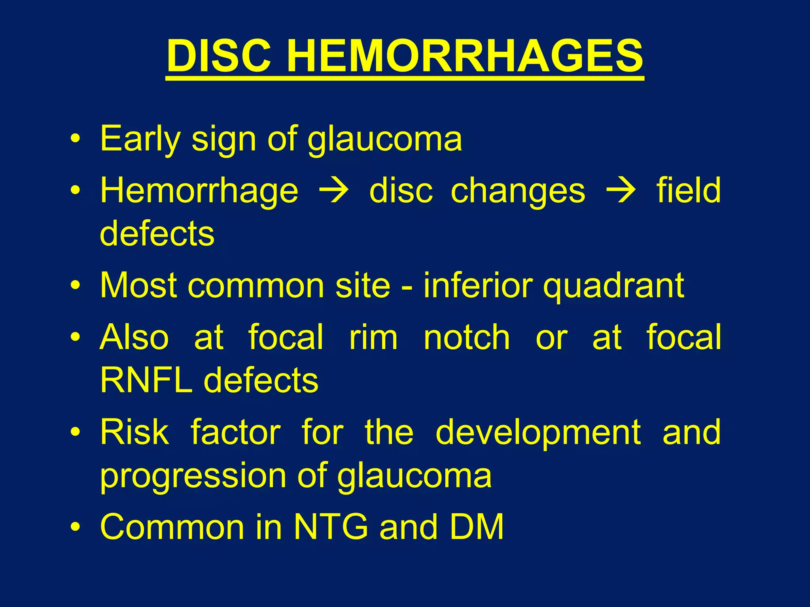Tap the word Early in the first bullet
[140, 139]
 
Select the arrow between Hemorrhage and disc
[334, 191]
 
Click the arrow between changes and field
[621, 191]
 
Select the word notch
[467, 337]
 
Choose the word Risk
[134, 432]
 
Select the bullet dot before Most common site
[75, 285]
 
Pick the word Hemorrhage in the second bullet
[199, 191]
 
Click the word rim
[373, 337]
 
